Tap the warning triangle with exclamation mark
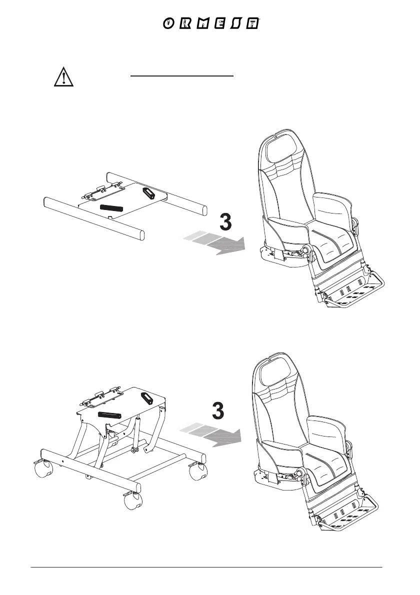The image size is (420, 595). [63, 77]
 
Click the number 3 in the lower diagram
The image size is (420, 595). [218, 411]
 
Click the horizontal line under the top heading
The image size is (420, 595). [182, 76]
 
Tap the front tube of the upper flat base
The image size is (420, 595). [93, 218]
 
